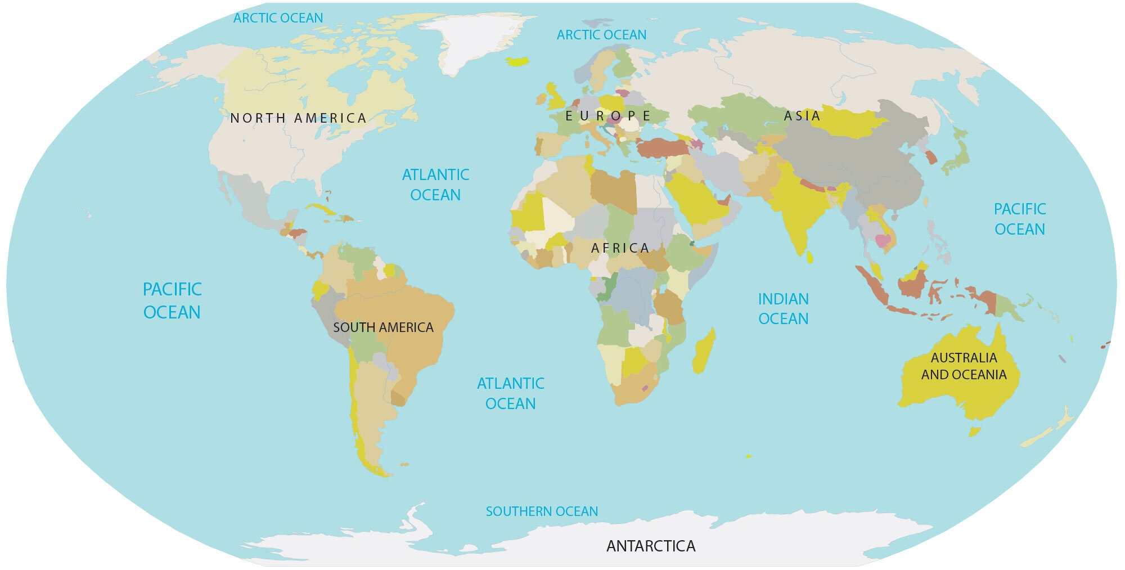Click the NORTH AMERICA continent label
click(299, 118)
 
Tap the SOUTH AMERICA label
click(383, 327)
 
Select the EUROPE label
click(607, 116)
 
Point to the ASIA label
click(802, 116)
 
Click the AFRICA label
click(620, 248)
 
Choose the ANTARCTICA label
click(651, 546)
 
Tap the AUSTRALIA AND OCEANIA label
click(964, 366)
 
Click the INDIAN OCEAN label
click(783, 308)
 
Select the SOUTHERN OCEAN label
click(542, 511)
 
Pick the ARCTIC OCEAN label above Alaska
click(278, 18)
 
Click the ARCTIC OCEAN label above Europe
click(601, 35)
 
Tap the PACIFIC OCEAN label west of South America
click(172, 300)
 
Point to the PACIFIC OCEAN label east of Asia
click(1019, 219)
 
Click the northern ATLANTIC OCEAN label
click(435, 185)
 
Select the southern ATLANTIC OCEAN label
click(510, 393)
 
